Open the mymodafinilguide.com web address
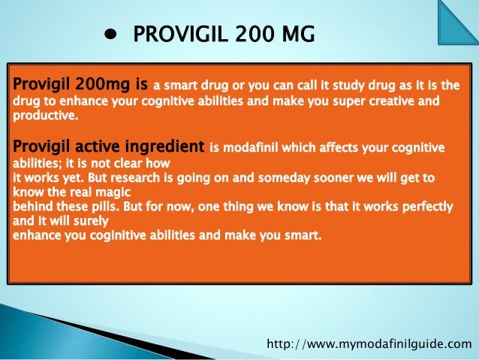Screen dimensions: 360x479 pos(370,344)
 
